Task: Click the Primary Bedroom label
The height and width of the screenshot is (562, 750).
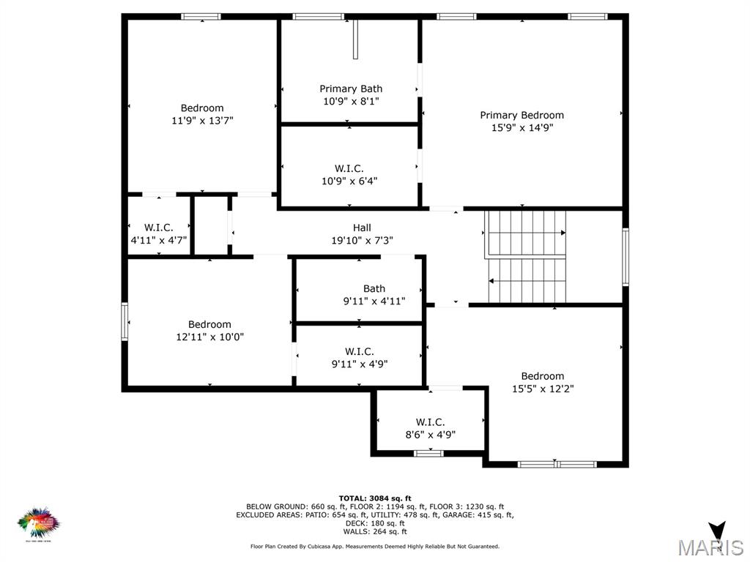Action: click(521, 115)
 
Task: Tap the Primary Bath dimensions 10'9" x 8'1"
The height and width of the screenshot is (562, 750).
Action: click(351, 102)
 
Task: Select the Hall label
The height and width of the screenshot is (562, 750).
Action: click(362, 228)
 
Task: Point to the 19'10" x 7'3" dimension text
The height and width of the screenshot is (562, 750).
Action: click(362, 240)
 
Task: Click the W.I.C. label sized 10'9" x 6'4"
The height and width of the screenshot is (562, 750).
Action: click(349, 168)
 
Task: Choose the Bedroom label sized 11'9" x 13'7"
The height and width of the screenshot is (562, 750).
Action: click(202, 108)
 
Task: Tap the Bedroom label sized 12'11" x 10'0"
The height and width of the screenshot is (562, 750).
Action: click(209, 324)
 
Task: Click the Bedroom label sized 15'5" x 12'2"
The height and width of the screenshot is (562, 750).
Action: click(542, 376)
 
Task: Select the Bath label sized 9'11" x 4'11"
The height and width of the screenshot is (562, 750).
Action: click(374, 288)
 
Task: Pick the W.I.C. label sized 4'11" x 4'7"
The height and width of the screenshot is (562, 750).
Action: click(158, 228)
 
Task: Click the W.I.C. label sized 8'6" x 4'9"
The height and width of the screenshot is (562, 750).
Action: click(430, 421)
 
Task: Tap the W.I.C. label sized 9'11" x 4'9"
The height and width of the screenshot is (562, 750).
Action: click(359, 351)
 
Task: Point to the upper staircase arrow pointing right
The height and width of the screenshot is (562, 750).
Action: click(562, 233)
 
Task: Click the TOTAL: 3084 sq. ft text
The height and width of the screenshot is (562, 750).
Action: click(374, 498)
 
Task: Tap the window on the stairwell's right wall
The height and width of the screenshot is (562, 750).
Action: click(625, 256)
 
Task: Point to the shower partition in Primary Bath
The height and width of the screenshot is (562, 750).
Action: click(355, 40)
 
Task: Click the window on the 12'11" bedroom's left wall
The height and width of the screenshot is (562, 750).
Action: click(125, 322)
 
